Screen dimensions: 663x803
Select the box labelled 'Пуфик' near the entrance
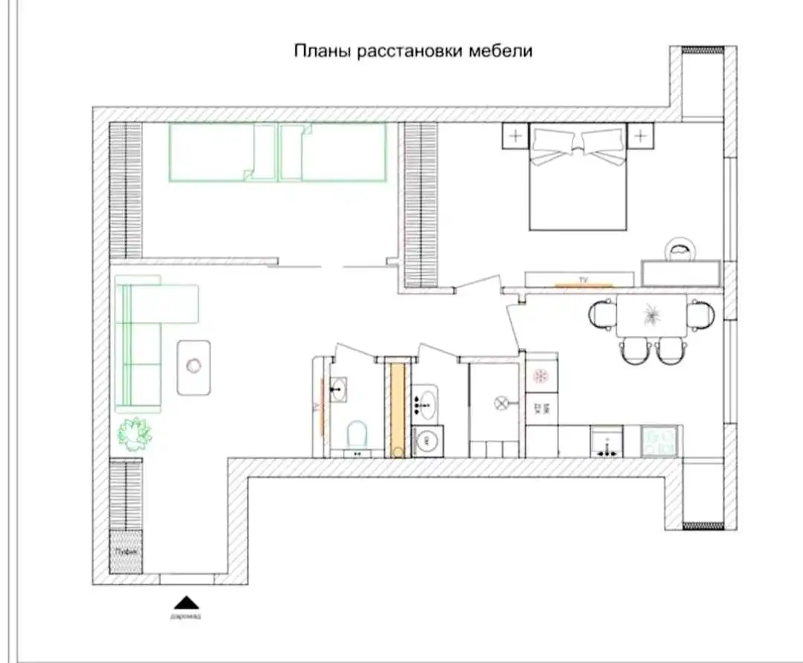click(126, 551)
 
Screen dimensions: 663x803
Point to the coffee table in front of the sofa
click(193, 366)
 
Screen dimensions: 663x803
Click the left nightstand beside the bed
click(515, 135)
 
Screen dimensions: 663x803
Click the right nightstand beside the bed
click(639, 135)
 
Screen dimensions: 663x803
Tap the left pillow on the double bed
click(555, 141)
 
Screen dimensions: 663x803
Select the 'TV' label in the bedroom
click(583, 280)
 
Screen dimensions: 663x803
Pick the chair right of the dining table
click(701, 314)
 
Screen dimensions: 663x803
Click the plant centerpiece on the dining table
click(651, 315)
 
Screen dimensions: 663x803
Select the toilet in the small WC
click(357, 434)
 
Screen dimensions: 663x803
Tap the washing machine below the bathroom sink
click(428, 441)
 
